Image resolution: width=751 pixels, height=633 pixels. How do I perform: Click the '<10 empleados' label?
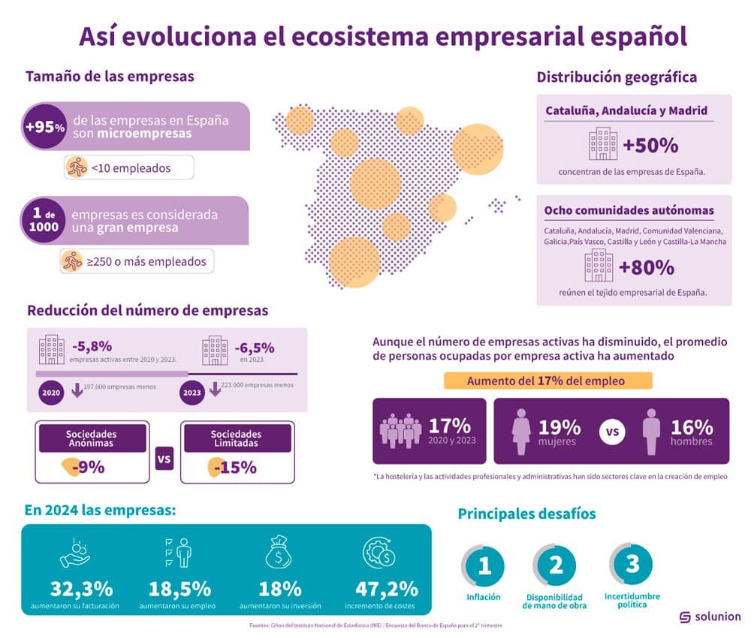[x=129, y=167]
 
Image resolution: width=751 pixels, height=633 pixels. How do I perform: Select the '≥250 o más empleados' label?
[x=137, y=261]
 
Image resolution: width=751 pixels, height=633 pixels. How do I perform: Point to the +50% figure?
[x=650, y=144]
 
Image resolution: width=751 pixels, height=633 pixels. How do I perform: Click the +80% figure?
[x=646, y=267]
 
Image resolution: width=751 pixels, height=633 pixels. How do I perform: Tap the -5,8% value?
[x=92, y=346]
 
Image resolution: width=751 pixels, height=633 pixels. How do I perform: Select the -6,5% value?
[x=254, y=348]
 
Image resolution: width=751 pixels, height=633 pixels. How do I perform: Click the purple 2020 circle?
[x=51, y=392]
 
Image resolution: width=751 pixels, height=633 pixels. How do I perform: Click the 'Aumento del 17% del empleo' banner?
[x=546, y=381]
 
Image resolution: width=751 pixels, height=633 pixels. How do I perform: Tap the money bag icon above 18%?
[x=279, y=554]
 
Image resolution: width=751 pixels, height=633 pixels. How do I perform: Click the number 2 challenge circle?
[x=556, y=565]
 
